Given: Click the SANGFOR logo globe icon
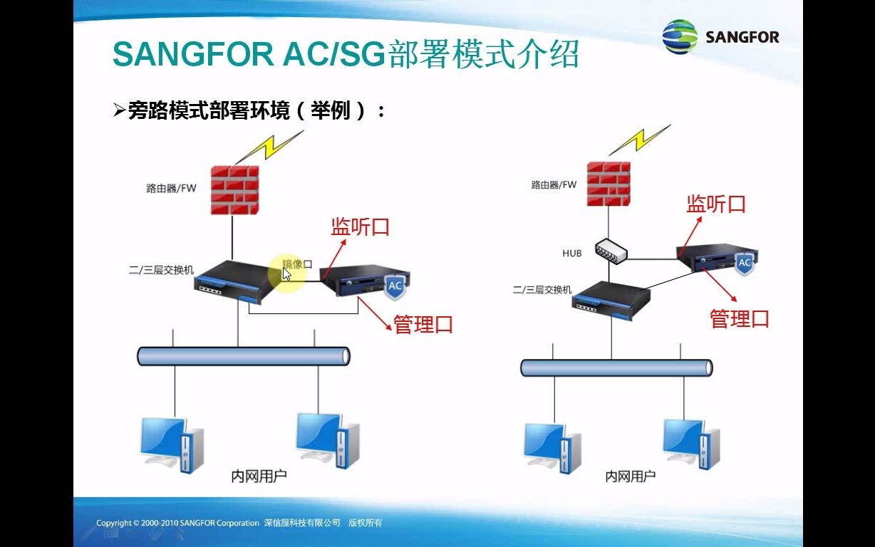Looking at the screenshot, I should tap(680, 36).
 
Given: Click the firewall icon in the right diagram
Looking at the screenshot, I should tap(609, 184).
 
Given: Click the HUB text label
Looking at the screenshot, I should tap(572, 253).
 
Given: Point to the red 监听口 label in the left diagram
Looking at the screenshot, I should tap(361, 227).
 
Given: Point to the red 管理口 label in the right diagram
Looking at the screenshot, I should tap(740, 318).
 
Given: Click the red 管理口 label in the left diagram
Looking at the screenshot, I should tap(423, 325).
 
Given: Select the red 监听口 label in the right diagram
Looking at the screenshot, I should tap(715, 204).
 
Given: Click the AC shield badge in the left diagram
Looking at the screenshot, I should tap(395, 286).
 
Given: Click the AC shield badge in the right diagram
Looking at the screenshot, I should tap(744, 263).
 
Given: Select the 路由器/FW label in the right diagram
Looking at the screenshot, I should tap(554, 185).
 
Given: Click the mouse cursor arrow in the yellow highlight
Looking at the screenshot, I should tap(286, 273).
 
